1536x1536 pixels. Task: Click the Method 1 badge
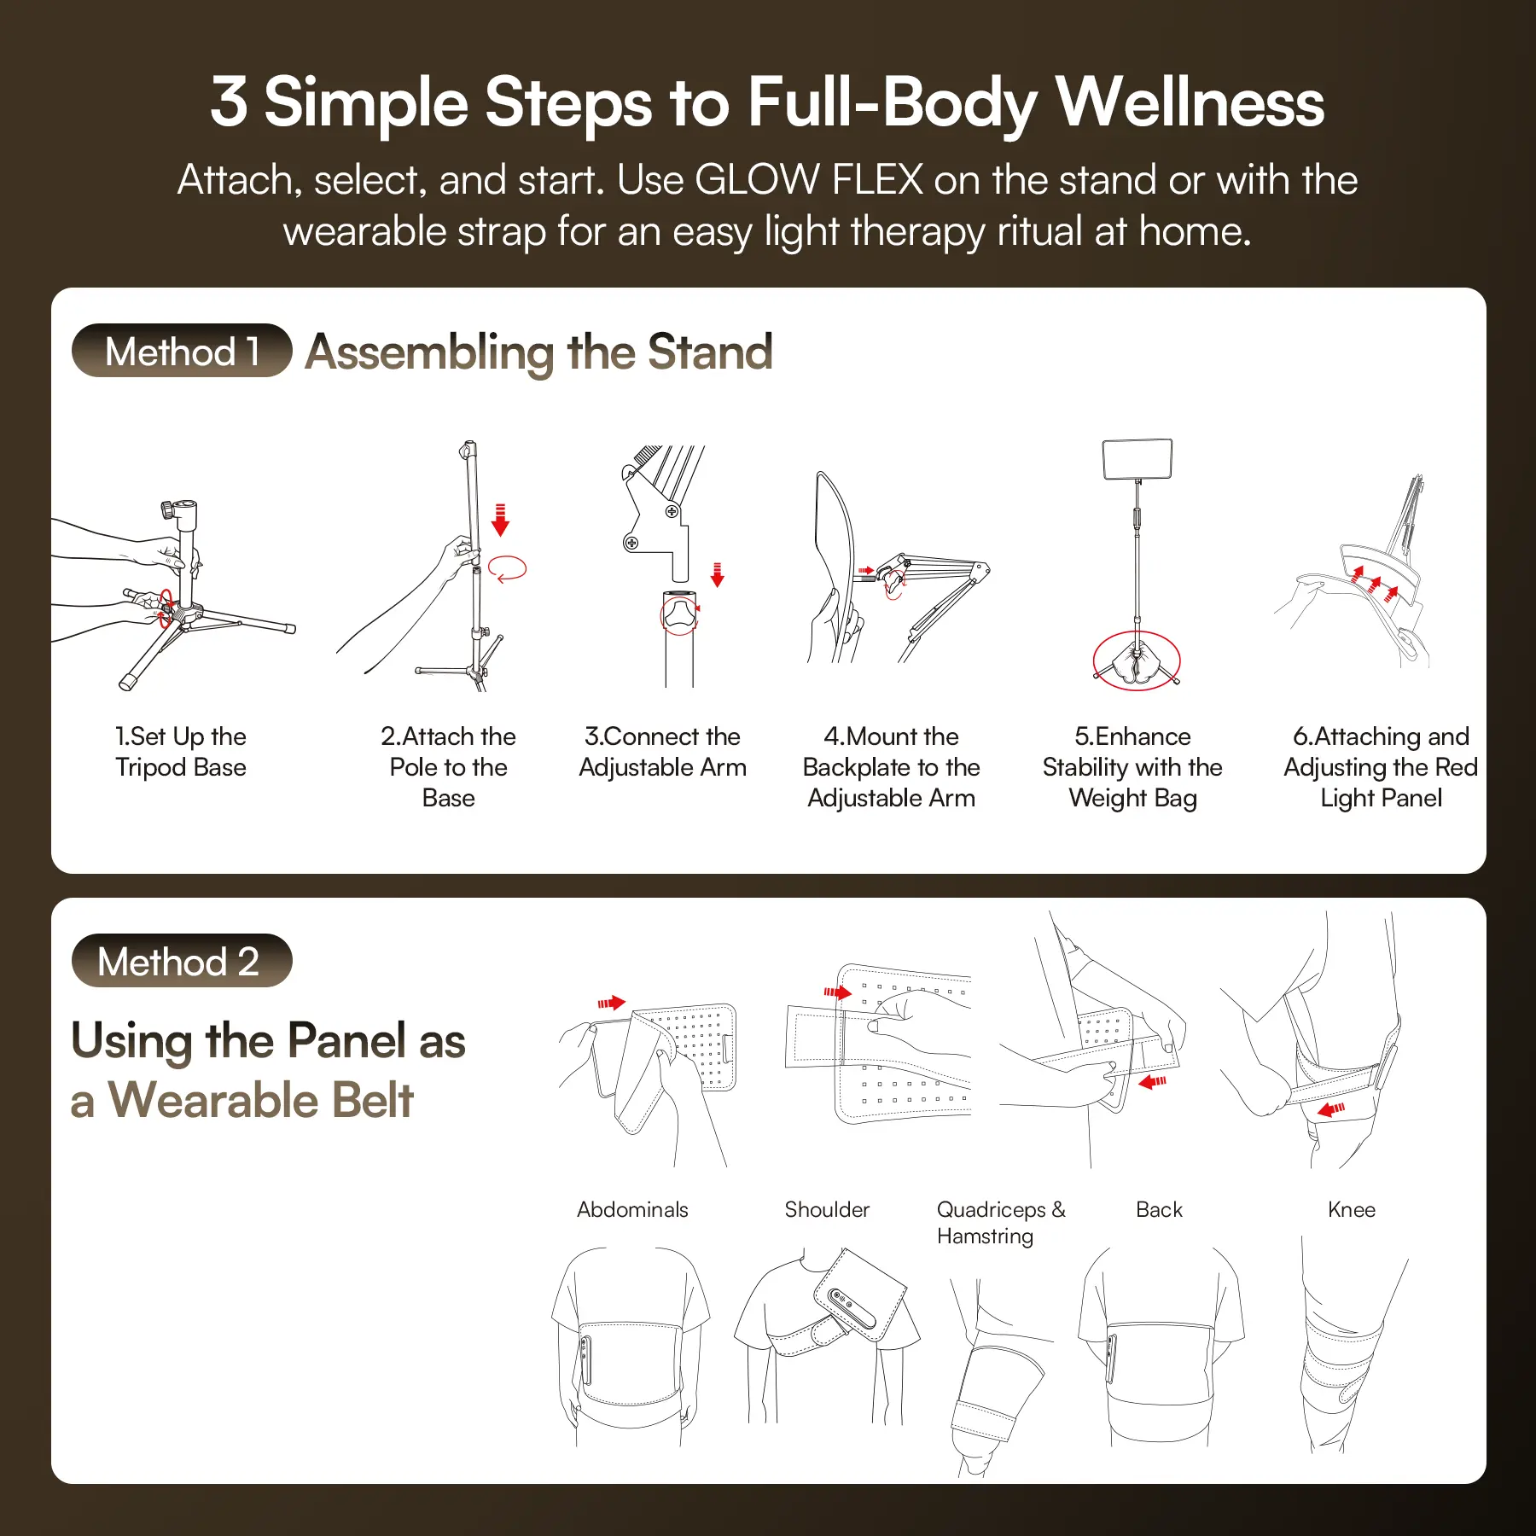182,351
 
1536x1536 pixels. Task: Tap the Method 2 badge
182,961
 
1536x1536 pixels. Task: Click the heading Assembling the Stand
539,352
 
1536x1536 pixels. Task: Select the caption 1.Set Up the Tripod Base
181,752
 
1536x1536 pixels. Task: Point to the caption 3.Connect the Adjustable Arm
662,752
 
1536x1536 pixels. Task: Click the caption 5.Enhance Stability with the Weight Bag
1132,767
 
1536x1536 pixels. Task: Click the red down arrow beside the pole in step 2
501,520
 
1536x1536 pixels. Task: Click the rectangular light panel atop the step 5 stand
1137,459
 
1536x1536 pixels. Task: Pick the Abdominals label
632,1209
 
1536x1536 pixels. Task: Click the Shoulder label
827,1209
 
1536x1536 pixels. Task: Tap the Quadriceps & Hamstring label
1001,1223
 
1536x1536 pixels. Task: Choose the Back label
1159,1209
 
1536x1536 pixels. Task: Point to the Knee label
1352,1209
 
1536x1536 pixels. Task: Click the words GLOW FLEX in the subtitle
809,180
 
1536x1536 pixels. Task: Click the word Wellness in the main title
1190,102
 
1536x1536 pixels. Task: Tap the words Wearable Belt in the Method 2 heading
260,1100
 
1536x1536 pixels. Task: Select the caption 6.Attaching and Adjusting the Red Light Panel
1381,767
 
